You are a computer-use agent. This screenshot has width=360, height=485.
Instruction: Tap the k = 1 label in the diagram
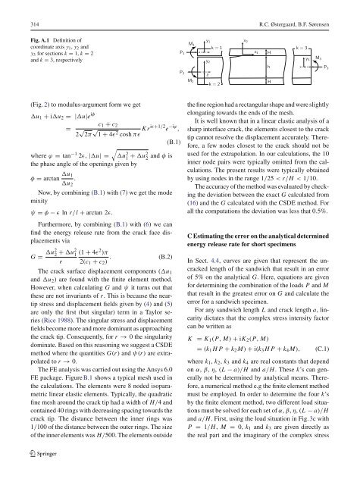click(x=217, y=47)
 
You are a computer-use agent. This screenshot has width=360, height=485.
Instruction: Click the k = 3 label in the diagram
click(x=298, y=47)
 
